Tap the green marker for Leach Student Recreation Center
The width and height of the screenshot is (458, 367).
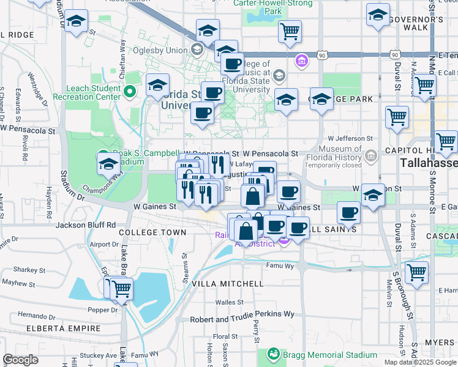point(129,92)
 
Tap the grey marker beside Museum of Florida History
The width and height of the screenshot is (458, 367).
point(370,157)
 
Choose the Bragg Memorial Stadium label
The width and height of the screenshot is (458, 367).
point(330,355)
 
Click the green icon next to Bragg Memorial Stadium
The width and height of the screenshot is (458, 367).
point(273,354)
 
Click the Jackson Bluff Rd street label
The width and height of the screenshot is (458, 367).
point(85,224)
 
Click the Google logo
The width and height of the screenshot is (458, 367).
point(20,360)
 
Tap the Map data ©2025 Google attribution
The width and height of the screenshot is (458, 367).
point(420,362)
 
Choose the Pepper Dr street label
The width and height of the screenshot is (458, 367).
point(102,310)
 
